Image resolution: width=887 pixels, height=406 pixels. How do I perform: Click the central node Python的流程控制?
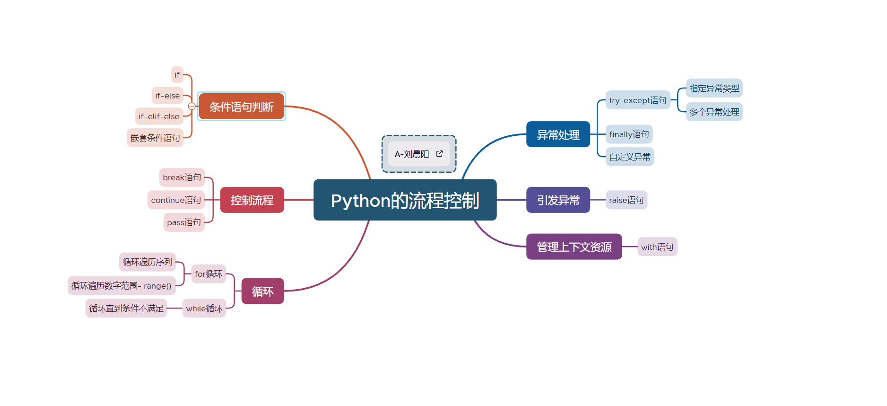[405, 200]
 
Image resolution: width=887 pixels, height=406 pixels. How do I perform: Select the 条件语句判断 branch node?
[241, 107]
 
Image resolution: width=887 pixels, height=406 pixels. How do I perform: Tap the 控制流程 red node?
[252, 200]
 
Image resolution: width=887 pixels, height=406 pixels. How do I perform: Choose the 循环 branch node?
[262, 291]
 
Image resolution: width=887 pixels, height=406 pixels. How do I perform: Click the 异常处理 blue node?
[558, 135]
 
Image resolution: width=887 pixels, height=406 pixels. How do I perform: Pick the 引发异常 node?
[558, 200]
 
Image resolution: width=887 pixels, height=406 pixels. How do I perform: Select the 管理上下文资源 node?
[574, 247]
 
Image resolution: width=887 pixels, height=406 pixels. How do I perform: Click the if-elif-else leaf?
[159, 116]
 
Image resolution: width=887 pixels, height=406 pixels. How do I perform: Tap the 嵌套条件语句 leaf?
[155, 138]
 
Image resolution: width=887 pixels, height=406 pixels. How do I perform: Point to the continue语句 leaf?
[176, 200]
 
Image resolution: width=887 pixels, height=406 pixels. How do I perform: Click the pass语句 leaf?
[184, 222]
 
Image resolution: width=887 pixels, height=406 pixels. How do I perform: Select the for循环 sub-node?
[209, 274]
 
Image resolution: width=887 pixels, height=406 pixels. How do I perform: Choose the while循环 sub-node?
[204, 309]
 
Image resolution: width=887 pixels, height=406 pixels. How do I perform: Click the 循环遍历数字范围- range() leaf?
[122, 286]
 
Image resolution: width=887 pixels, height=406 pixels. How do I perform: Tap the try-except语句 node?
[638, 100]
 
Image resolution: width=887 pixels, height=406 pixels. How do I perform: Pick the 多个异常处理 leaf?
[714, 112]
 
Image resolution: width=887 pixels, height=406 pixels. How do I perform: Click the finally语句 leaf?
[629, 134]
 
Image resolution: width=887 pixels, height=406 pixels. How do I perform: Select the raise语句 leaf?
[626, 200]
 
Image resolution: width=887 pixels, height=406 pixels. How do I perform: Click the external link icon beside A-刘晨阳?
[440, 154]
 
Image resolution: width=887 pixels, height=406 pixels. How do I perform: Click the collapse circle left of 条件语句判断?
[192, 106]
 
